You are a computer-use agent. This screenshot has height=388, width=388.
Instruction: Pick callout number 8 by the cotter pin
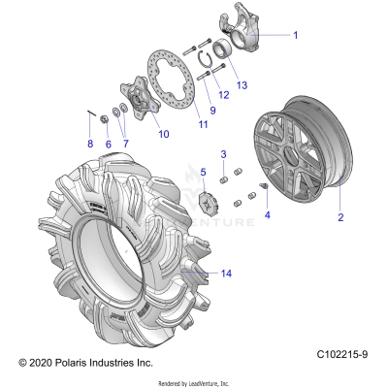pyautogui.click(x=124, y=145)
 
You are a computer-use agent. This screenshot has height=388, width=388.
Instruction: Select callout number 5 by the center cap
pyautogui.click(x=90, y=145)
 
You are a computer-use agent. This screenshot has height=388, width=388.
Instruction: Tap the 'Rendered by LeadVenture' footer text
pyautogui.click(x=193, y=381)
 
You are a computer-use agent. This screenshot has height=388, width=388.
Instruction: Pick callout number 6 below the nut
pyautogui.click(x=109, y=145)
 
